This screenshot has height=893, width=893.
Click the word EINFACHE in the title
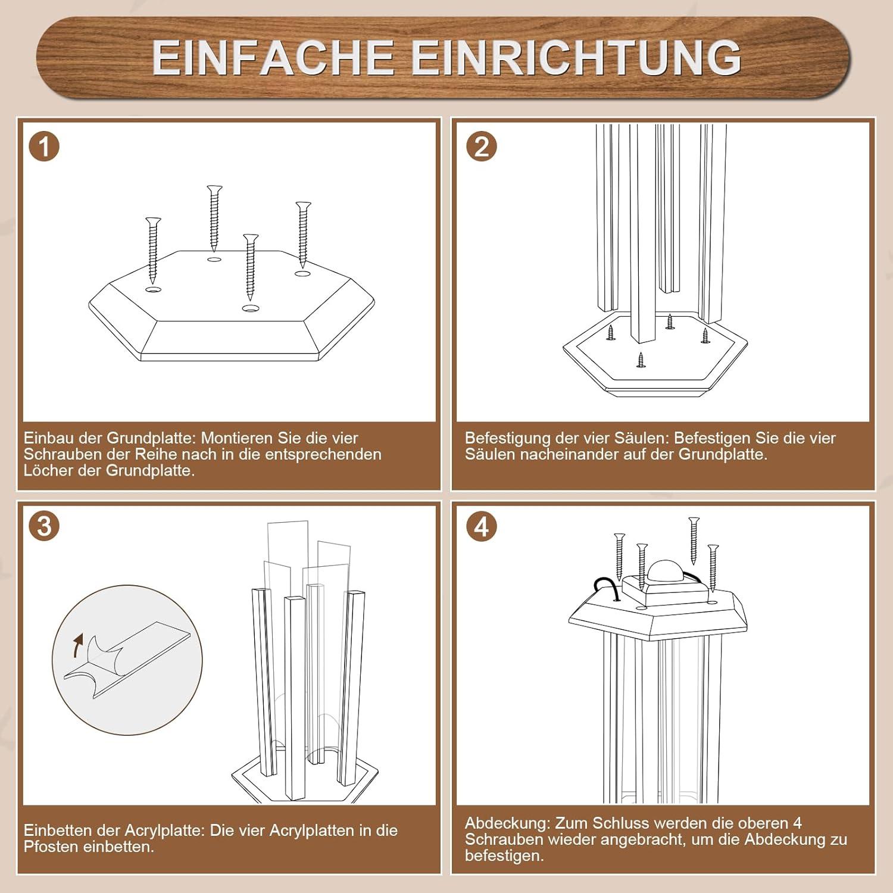click(x=273, y=57)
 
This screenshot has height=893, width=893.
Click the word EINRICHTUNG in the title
click(x=576, y=57)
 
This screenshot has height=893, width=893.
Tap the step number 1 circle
click(x=44, y=146)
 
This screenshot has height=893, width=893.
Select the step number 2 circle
click(x=482, y=146)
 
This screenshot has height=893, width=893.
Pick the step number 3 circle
click(x=44, y=526)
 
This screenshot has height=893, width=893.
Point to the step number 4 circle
click(x=482, y=526)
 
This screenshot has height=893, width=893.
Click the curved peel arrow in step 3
click(x=77, y=645)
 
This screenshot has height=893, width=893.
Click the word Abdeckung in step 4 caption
click(x=507, y=824)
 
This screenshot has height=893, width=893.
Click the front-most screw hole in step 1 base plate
click(x=251, y=308)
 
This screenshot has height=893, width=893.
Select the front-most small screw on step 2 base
click(x=641, y=360)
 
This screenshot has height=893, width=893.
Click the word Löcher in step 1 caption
click(x=45, y=470)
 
